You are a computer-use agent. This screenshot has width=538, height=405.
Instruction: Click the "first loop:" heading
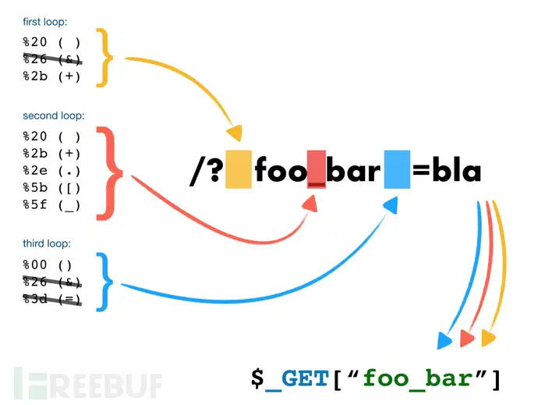click(x=45, y=22)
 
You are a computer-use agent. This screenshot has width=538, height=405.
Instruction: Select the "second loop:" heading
click(x=53, y=115)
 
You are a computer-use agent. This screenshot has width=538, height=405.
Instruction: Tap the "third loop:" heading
click(x=48, y=243)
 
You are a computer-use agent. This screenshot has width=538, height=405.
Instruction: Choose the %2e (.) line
click(x=51, y=170)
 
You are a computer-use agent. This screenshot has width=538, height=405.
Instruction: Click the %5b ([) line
click(x=51, y=187)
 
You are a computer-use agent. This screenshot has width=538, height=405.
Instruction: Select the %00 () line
click(x=48, y=265)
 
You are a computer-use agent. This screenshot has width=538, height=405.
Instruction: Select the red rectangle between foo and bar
click(x=316, y=170)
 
